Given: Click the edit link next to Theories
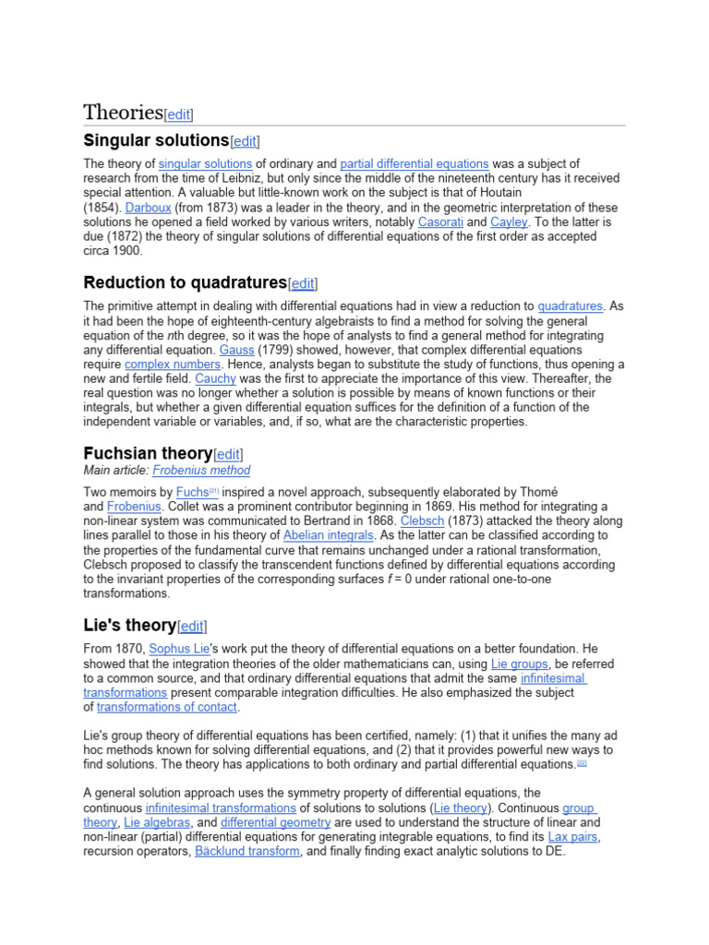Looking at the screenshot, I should [x=178, y=114].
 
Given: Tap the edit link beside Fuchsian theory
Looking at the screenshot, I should [x=228, y=454].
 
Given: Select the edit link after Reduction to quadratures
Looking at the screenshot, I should [x=303, y=283].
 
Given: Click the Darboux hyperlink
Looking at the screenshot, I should [x=148, y=208].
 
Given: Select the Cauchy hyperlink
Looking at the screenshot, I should [x=214, y=379].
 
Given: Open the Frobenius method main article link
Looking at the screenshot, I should [x=201, y=470].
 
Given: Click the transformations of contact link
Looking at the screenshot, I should [x=167, y=707].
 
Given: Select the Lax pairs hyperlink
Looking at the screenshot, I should [x=572, y=837].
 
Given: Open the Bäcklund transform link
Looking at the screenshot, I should [x=247, y=851].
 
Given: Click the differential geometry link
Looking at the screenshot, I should [x=275, y=822].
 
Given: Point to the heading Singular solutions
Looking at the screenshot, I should [x=155, y=140].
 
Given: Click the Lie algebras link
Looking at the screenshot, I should [x=157, y=822].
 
